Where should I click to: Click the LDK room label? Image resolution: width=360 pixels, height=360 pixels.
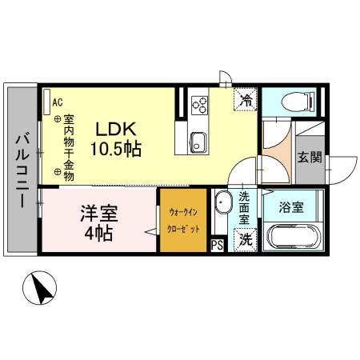coord(118,128)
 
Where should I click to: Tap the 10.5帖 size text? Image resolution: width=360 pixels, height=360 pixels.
coord(118,148)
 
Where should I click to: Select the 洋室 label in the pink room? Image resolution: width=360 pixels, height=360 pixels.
coord(98,214)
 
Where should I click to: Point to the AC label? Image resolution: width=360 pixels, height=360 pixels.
coord(57,102)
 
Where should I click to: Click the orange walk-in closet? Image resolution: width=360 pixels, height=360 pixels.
coord(183,220)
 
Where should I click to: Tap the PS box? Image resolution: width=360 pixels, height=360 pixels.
coord(217,246)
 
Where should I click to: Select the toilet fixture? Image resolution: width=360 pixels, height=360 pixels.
coord(290,102)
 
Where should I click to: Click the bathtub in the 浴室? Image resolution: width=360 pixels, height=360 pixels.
coord(292,238)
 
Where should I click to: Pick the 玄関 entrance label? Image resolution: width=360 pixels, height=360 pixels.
coord(310,157)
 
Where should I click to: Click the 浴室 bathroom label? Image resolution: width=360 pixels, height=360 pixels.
coord(290,207)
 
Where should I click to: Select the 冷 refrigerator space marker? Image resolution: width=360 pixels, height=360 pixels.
coord(246,101)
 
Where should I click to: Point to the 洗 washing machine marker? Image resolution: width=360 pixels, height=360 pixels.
coord(246,238)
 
